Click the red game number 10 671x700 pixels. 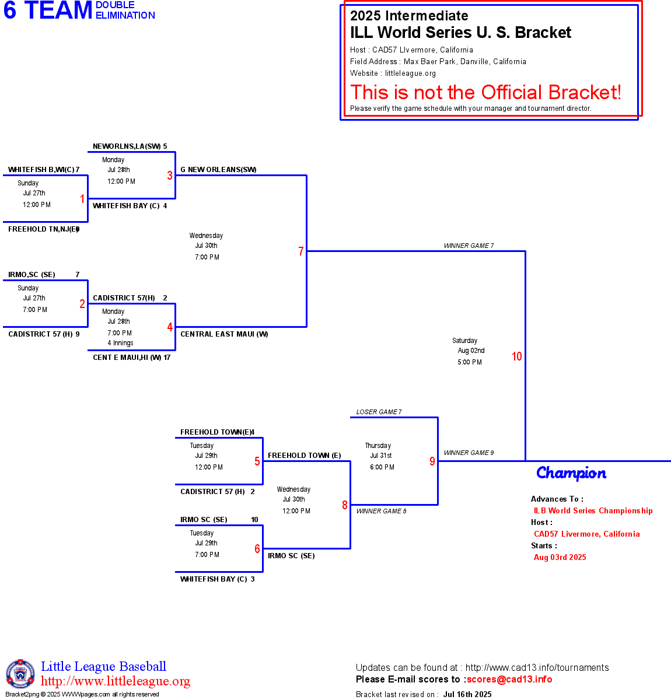point(516,356)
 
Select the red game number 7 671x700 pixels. point(301,251)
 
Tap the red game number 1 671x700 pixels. point(82,199)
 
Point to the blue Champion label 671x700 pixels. point(571,473)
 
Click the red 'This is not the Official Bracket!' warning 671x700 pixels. point(485,92)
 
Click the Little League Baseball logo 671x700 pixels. point(20,674)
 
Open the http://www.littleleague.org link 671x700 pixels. point(116,681)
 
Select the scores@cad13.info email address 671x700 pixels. point(509,679)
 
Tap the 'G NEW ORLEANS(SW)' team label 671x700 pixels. point(218,170)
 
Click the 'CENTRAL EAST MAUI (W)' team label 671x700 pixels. point(224,334)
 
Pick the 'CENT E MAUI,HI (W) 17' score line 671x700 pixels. point(132,358)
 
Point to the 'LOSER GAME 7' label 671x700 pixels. point(379,412)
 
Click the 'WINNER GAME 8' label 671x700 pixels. point(381,511)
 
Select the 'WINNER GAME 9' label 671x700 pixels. point(469,453)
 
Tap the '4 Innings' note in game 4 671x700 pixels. point(120,343)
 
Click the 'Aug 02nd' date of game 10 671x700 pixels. point(471,351)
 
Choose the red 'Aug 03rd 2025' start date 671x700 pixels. point(560,557)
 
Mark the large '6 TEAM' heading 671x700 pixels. point(48,10)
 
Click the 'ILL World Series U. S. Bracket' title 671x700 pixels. point(460,33)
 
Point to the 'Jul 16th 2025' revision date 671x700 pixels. point(467,694)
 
